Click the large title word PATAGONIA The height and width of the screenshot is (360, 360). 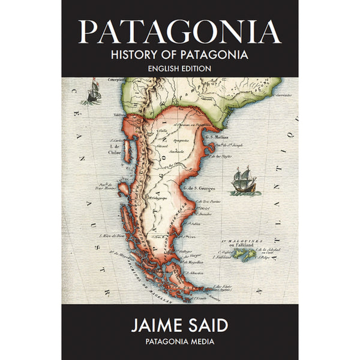coord(179,31)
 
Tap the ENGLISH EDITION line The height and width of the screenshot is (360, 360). coord(179,69)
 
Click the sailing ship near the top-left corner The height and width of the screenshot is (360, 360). coord(92,92)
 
